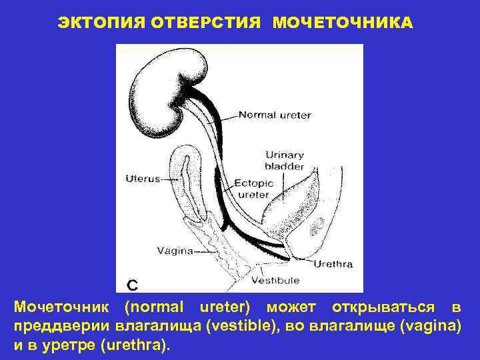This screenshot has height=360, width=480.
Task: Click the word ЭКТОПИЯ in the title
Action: [x=99, y=23]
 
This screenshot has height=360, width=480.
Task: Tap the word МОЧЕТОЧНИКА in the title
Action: [x=342, y=23]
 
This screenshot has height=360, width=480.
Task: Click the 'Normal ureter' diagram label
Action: [x=274, y=115]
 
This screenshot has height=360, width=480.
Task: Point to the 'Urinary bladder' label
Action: [x=285, y=161]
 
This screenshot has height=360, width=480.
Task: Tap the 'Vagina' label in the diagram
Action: [x=175, y=251]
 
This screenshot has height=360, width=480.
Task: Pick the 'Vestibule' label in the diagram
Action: [x=275, y=280]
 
